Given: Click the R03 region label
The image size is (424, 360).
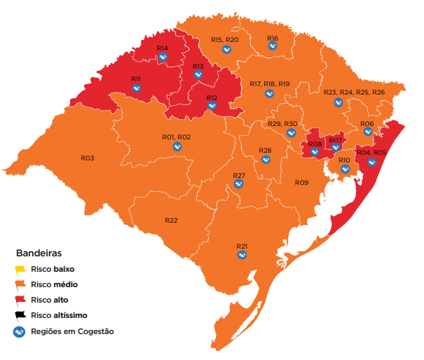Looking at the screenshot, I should [x=87, y=158].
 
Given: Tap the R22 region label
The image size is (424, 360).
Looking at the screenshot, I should [x=171, y=220].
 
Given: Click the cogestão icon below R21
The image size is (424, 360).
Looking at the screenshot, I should [x=242, y=256].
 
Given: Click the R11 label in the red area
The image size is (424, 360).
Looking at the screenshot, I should [x=136, y=78].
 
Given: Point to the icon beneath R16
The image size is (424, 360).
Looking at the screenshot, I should [x=273, y=46].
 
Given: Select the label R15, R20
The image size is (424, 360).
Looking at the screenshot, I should [x=225, y=40].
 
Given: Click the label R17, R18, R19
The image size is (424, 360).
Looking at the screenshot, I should [x=269, y=84].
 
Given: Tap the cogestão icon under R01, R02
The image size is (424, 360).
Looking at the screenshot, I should [x=177, y=146].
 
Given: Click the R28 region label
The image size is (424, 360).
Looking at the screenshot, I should [x=265, y=151].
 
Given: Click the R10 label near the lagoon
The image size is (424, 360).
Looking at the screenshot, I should [x=344, y=160].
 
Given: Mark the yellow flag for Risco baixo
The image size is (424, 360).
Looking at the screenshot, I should [x=21, y=269].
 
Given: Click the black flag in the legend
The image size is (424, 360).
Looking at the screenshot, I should [x=21, y=315].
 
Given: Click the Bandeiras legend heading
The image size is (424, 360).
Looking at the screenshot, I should [x=39, y=252].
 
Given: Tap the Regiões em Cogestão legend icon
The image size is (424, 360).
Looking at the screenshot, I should [x=21, y=331].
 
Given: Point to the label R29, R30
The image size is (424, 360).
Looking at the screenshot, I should [x=283, y=123].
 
